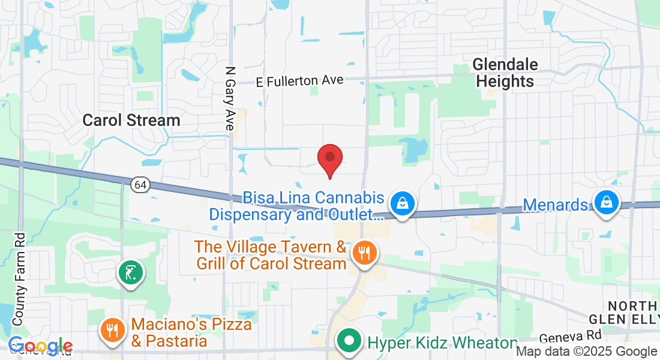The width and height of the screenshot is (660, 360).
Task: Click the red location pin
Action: point(329,159)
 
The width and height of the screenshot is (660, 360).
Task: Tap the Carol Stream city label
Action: point(131,120)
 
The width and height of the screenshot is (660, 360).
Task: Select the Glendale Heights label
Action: point(505,73)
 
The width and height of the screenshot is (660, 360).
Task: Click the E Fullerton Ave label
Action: point(299,80)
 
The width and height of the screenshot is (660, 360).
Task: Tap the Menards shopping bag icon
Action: point(607,203)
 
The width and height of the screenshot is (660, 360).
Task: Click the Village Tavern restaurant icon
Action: point(363,253)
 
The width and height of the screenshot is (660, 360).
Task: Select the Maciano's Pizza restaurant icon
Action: point(112,329)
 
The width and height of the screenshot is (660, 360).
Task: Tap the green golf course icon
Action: point(131,273)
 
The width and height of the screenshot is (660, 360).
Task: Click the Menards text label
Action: point(555,205)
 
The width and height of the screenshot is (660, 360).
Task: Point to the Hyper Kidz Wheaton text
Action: point(442,343)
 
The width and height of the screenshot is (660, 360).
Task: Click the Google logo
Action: point(40,346)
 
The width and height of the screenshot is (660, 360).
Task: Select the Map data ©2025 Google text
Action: point(586,352)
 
